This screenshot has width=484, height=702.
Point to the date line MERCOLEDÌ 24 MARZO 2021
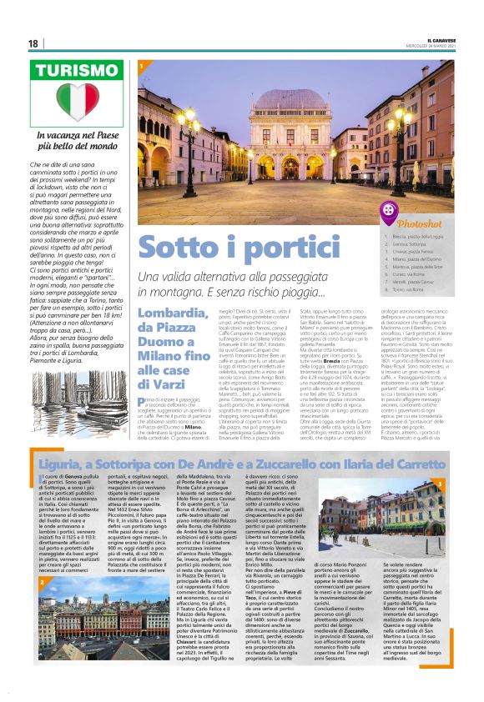click(440, 46)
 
